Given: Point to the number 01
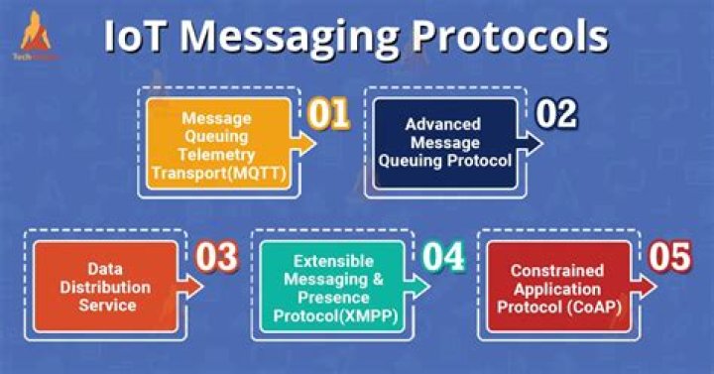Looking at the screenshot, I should coord(328,114).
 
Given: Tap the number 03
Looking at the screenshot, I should coord(215,257).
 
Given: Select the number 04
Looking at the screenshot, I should coord(441,256).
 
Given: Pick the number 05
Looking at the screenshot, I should coord(669,256).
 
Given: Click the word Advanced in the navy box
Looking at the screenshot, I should coord(441,125).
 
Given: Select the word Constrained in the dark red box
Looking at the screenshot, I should coord(559,270).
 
